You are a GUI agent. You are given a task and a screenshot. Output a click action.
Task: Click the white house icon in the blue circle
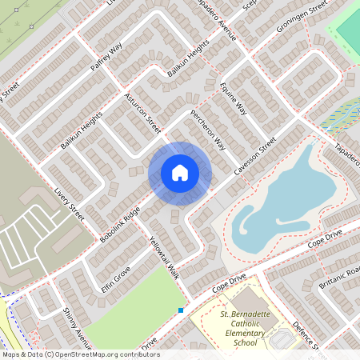pyautogui.click(x=180, y=173)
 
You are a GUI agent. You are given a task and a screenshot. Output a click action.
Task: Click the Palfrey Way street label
pyautogui.click(x=106, y=58)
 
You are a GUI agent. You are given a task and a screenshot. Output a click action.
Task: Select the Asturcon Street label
pyautogui.click(x=143, y=114)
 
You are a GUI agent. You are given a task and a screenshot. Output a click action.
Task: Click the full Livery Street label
pyautogui.click(x=69, y=205)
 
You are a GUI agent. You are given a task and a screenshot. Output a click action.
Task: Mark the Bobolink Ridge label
pyautogui.click(x=120, y=225)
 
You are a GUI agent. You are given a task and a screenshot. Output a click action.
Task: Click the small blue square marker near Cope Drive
pyautogui.click(x=181, y=310)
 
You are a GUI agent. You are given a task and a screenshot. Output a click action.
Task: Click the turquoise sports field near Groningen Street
pyautogui.click(x=348, y=28)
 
